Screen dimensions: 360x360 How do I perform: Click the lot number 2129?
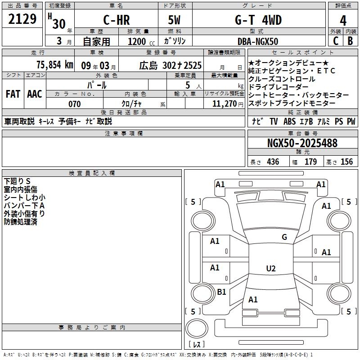[22, 19]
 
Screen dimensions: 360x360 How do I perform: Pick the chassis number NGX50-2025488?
[302, 144]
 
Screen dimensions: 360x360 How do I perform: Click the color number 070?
[74, 104]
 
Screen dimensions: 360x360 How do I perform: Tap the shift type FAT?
[13, 94]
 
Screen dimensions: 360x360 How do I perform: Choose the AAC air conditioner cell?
[35, 94]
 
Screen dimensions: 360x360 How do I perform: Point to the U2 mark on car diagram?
[270, 269]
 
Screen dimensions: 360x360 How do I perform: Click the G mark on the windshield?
[284, 237]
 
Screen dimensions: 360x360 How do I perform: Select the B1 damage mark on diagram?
[221, 292]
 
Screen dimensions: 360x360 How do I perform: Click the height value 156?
[346, 162]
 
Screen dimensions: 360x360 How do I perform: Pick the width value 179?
[310, 162]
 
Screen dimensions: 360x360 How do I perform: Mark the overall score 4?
[343, 21]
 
